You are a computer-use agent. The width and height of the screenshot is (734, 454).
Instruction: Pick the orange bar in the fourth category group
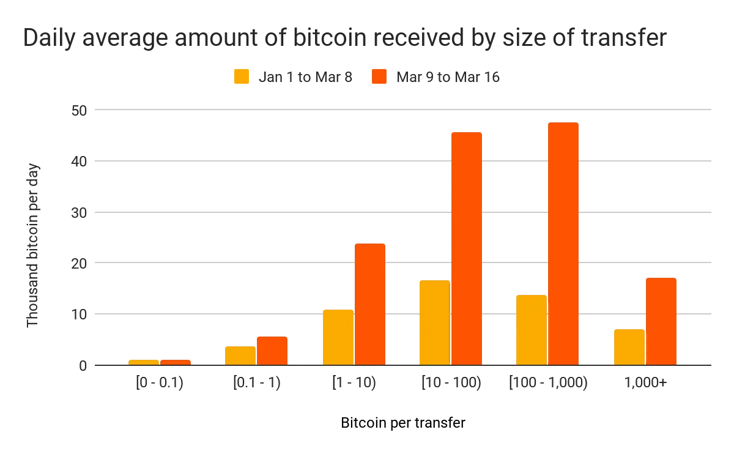coord(467,248)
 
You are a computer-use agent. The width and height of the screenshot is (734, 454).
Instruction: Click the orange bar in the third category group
coord(369,303)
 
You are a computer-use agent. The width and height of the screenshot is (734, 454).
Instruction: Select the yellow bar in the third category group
coord(338,337)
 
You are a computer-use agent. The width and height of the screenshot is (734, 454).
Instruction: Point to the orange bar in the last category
coord(662,321)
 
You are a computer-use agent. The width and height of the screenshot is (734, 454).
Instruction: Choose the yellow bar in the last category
coord(629,346)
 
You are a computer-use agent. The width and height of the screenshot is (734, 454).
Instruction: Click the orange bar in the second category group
coord(272,349)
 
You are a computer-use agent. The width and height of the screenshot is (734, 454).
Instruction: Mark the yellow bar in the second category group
coord(240,354)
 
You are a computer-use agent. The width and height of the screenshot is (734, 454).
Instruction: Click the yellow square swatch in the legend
coord(240,78)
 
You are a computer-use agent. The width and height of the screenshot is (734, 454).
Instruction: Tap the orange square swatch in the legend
coord(379,78)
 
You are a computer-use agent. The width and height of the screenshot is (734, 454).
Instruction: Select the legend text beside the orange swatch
coord(450,78)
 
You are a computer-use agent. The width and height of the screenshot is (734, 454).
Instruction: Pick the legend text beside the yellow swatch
coord(303,78)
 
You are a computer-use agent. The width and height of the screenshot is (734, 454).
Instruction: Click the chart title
coord(346,39)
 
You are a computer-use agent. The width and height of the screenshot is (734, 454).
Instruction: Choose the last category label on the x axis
coord(645,384)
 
